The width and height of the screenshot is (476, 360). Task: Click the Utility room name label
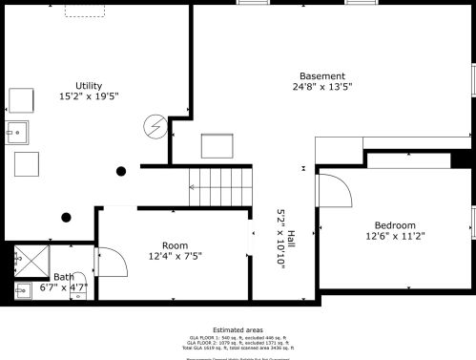point(89,84)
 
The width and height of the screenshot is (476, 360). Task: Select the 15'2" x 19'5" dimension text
point(89,95)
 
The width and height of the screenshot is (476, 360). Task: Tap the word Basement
point(321,76)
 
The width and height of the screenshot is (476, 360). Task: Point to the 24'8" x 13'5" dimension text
point(321,88)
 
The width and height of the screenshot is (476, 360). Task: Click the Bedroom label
point(395,224)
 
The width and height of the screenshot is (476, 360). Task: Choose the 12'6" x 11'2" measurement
point(395,236)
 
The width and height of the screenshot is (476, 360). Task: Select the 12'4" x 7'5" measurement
point(175,256)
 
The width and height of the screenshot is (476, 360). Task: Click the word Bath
point(63,277)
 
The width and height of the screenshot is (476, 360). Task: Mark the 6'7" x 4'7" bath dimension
point(64,286)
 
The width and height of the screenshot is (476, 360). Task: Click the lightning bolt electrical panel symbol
point(154,125)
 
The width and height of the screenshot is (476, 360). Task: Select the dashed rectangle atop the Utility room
point(84,10)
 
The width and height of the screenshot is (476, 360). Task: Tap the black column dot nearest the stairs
point(121,171)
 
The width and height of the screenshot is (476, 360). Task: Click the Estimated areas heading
point(237,328)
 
